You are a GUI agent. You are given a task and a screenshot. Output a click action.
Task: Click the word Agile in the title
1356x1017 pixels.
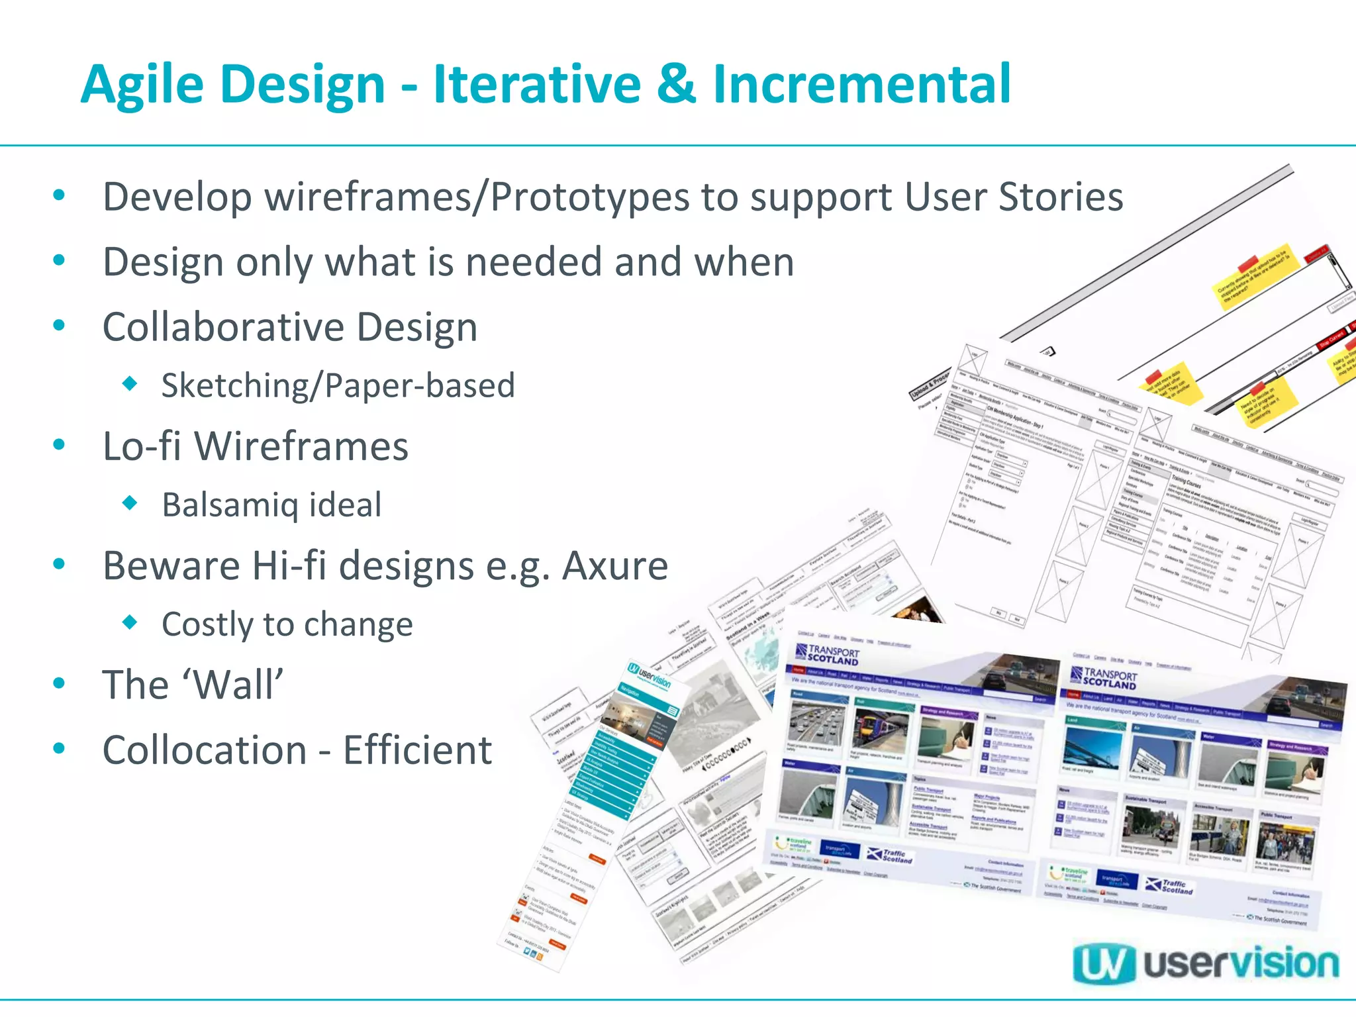(x=142, y=85)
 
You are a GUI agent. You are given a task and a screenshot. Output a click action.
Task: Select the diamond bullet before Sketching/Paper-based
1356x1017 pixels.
(x=130, y=383)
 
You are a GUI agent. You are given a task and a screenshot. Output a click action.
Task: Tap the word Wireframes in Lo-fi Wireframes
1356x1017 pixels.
(x=301, y=446)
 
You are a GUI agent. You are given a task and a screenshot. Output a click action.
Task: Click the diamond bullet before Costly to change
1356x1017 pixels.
(x=130, y=622)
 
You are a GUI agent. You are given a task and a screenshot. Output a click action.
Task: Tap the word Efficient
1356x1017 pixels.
(x=417, y=750)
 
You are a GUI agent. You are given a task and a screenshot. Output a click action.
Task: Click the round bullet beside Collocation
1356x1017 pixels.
(x=60, y=749)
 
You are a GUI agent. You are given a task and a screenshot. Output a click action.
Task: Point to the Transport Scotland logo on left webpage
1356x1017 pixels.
(x=827, y=655)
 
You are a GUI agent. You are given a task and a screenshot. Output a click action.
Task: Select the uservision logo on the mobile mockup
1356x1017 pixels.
(x=650, y=675)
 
